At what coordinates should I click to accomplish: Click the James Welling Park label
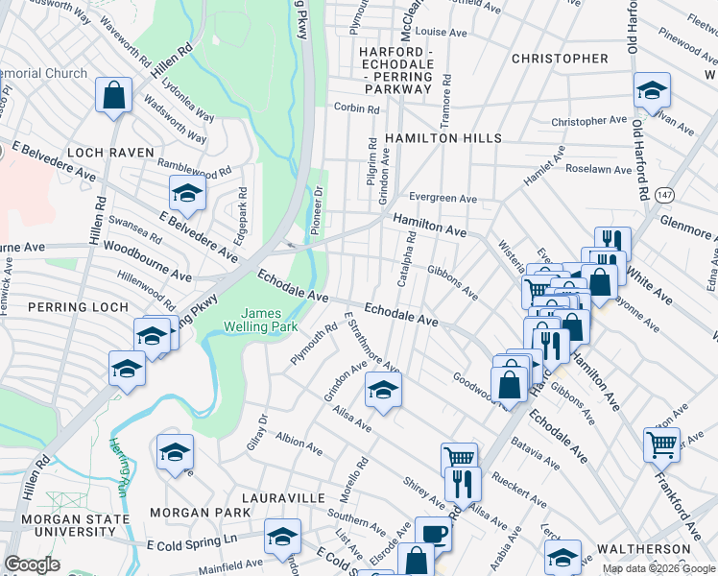[261, 321]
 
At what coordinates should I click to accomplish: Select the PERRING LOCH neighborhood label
[64, 307]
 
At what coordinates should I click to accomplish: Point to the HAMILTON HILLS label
[443, 139]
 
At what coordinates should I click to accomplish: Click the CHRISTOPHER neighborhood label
[560, 59]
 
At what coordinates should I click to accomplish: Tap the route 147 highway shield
[664, 195]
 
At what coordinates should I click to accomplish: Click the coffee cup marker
[433, 533]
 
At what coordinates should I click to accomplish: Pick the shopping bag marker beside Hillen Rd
[113, 95]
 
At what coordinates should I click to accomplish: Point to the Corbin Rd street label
[357, 108]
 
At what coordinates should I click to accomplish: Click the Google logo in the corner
[32, 564]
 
